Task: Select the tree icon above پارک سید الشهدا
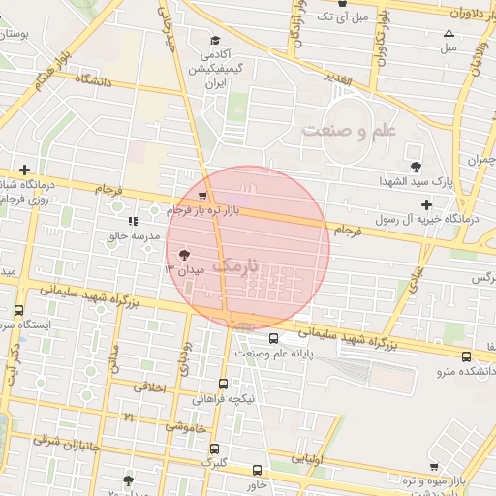(417, 166)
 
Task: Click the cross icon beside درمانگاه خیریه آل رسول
(426, 203)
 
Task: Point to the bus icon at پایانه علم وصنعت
(274, 339)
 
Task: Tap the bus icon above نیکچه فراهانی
(224, 384)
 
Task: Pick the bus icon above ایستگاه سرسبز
(19, 310)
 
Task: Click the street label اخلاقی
(149, 387)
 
